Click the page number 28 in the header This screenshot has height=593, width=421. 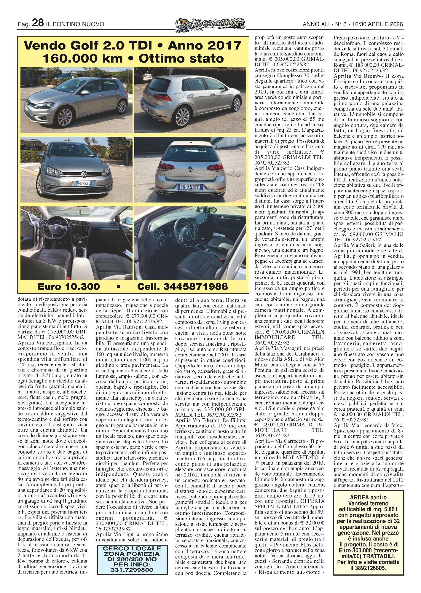click(38, 23)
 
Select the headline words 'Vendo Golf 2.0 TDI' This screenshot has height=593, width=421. click(88, 46)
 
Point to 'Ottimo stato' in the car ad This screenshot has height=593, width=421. click(181, 58)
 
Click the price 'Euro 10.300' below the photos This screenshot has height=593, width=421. click(69, 286)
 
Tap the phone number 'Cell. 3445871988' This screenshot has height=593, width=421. click(182, 286)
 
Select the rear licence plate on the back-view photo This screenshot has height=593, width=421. click(190, 187)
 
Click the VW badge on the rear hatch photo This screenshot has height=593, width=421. click(190, 169)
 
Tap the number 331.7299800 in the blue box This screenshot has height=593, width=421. click(132, 570)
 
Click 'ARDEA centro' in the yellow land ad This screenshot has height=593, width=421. click(368, 498)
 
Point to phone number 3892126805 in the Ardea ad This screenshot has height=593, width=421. click(374, 568)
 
